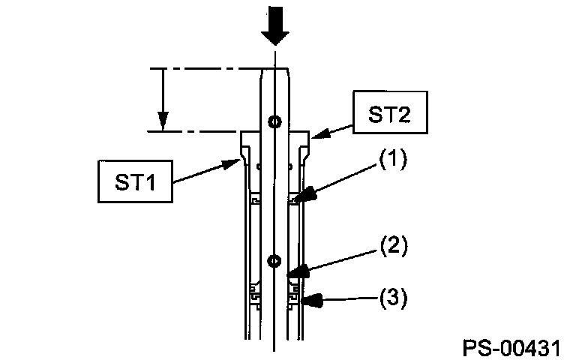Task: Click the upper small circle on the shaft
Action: coord(275,121)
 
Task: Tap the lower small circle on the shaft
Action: coord(275,261)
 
